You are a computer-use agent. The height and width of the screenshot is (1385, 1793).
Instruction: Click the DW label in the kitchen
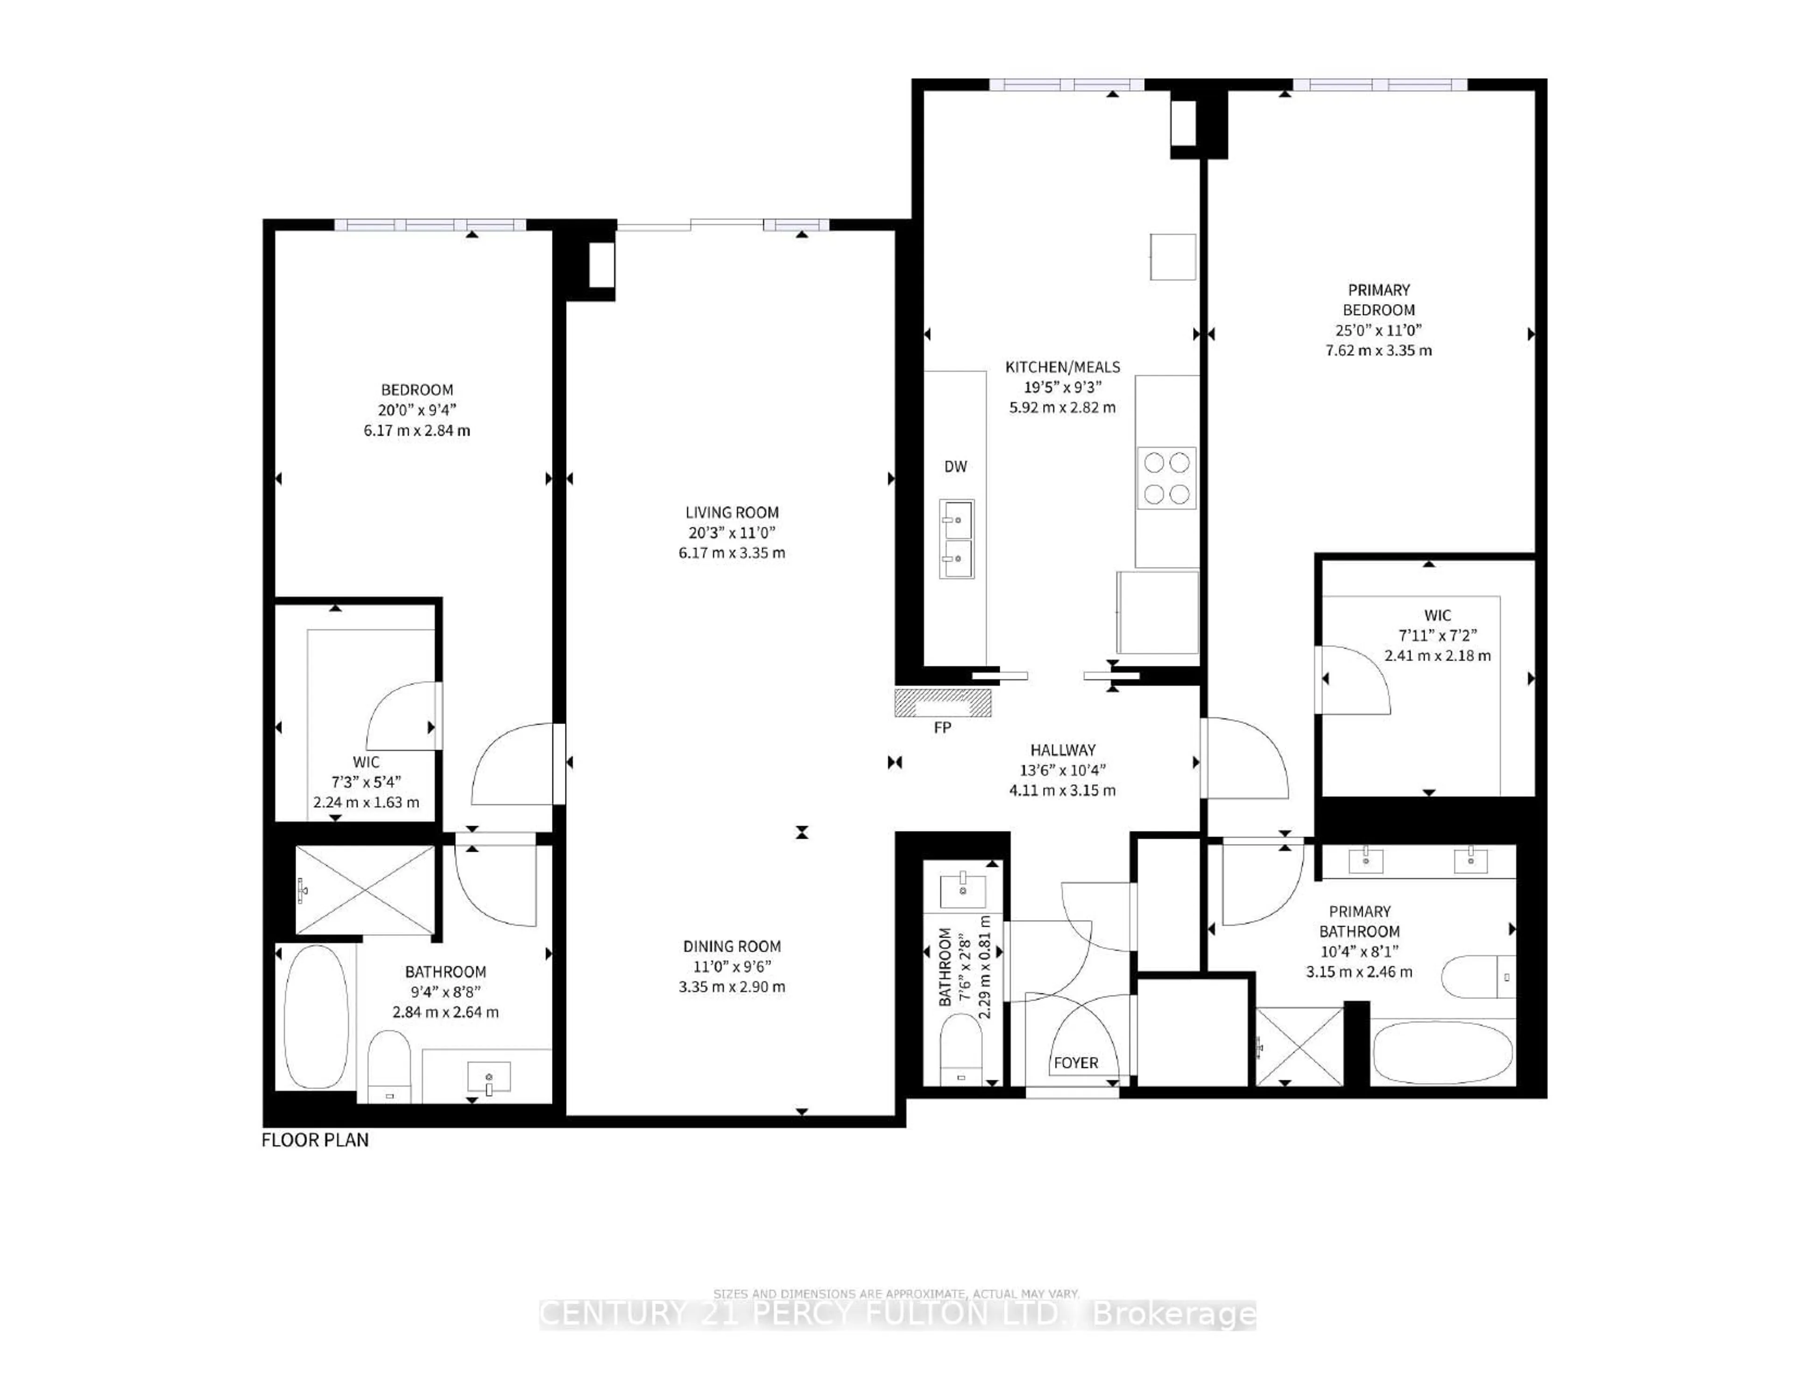click(955, 466)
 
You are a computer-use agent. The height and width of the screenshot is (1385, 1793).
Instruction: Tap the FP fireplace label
click(942, 727)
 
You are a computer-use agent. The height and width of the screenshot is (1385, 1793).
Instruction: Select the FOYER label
click(1075, 1062)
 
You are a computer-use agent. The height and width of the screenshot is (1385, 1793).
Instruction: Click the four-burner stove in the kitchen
click(1166, 478)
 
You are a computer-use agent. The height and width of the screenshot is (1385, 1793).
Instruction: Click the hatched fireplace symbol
click(942, 703)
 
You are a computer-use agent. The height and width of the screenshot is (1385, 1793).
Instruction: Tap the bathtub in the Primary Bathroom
click(1441, 1053)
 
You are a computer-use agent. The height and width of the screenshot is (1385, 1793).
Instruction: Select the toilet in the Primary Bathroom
click(1478, 977)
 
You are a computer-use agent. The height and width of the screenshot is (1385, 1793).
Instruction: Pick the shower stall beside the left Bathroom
click(365, 890)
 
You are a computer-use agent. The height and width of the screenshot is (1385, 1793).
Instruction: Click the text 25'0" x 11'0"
click(1378, 330)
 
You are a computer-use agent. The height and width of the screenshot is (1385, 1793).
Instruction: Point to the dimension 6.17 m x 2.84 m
click(417, 430)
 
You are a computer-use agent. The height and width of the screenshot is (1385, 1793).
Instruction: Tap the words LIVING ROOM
click(732, 512)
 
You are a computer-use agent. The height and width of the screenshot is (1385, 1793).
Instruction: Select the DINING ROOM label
click(732, 946)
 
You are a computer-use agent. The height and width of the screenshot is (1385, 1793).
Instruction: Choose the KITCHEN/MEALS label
click(1062, 367)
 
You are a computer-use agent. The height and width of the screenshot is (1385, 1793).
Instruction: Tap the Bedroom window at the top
click(430, 225)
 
